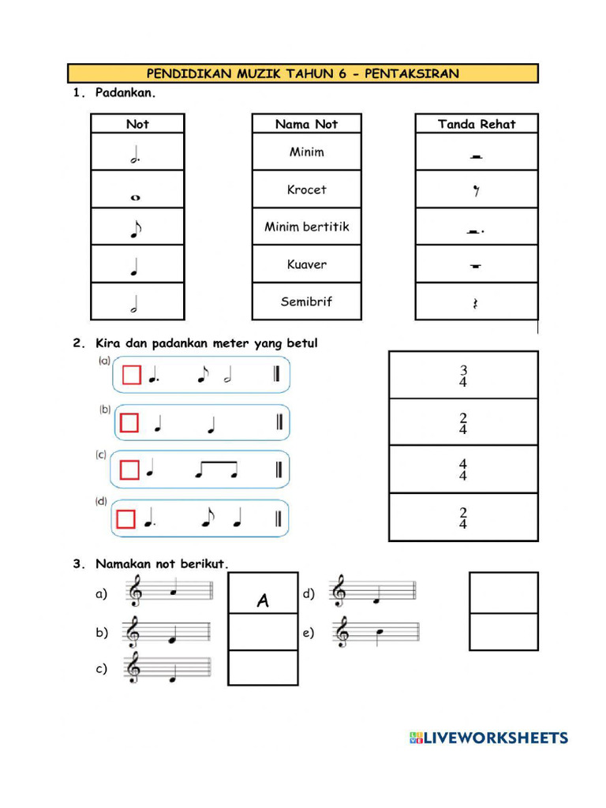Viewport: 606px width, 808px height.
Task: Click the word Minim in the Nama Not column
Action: (x=306, y=151)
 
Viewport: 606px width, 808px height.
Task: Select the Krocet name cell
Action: (x=306, y=189)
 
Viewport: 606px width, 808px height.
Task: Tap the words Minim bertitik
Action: (x=306, y=226)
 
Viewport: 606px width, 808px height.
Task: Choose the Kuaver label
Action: (x=306, y=264)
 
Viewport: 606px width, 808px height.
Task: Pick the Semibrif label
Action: (x=306, y=301)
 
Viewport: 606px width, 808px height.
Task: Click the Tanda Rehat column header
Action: (x=477, y=124)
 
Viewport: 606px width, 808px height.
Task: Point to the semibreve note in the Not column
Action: (x=136, y=197)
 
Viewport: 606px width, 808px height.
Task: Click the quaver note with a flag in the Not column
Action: (x=137, y=230)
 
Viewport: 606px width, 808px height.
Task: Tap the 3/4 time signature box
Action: (x=463, y=376)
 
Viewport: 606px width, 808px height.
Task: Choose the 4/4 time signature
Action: (x=463, y=470)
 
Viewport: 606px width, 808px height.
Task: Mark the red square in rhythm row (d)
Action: (x=125, y=518)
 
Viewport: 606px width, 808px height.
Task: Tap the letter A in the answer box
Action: (x=263, y=601)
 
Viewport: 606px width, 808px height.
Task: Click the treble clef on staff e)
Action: (x=342, y=632)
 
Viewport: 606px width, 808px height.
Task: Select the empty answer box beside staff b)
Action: (x=263, y=631)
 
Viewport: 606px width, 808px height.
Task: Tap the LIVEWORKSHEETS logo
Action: (x=488, y=738)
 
